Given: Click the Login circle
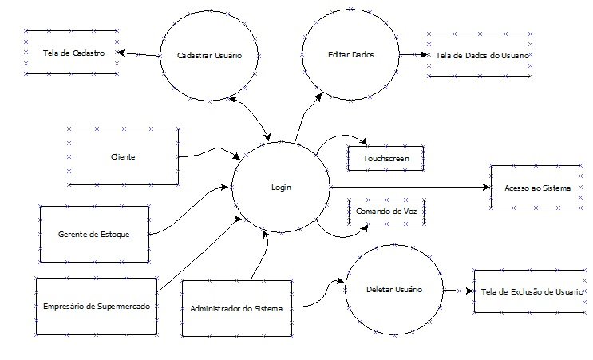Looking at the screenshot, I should (x=280, y=188).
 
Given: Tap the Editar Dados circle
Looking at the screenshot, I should (x=351, y=54).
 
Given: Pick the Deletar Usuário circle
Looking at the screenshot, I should (x=393, y=290).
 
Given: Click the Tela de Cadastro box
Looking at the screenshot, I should (x=70, y=53).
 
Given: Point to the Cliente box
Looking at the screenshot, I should (x=122, y=156).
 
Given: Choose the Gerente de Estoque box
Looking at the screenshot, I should (x=93, y=235).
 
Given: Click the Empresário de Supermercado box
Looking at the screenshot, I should (x=96, y=307).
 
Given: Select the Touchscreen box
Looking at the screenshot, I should (x=385, y=158).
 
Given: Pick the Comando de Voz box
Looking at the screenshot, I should (x=385, y=211).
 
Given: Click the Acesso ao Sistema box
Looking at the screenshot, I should (x=537, y=188).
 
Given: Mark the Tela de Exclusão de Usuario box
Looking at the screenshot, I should (x=527, y=292).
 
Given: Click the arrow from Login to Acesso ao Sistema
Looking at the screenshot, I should (x=407, y=188).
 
